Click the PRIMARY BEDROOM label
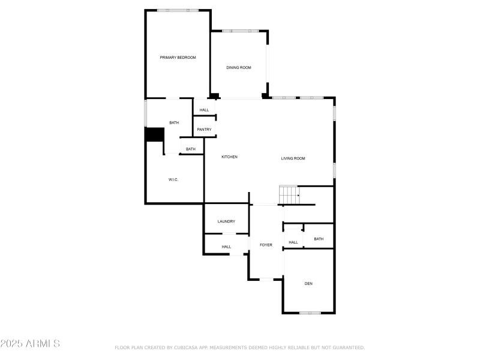point(178,58)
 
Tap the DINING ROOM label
point(238,68)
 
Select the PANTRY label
point(204,130)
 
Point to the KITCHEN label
point(229,157)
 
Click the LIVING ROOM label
point(293,158)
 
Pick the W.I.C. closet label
point(173,180)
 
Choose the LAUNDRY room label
point(226,221)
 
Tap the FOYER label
point(266,245)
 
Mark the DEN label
point(308,283)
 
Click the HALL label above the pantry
point(204,110)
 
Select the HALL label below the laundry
point(226,247)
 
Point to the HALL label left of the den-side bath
point(293,242)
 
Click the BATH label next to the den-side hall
point(319,239)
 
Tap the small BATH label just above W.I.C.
point(190,149)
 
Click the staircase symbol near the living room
point(289,195)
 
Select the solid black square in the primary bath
point(155,135)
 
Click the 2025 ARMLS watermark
point(30,344)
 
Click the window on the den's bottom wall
point(310,313)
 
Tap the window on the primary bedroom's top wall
point(178,10)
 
